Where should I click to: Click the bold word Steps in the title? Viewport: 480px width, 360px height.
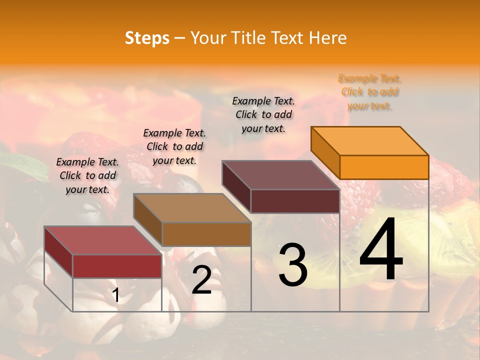click(147, 38)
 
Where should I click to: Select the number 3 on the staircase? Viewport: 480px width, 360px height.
click(292, 265)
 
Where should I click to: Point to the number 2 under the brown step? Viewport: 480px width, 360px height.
click(201, 280)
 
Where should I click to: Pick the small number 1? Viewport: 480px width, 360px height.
click(116, 295)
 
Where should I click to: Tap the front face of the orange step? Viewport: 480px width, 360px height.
click(384, 167)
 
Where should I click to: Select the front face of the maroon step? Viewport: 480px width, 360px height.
click(295, 201)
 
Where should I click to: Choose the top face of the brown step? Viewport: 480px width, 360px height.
click(192, 207)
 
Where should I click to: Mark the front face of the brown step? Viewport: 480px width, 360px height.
click(206, 234)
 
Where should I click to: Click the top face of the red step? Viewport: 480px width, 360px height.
click(103, 240)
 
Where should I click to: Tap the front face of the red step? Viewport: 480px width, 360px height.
click(117, 266)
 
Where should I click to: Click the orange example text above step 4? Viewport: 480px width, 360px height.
click(369, 92)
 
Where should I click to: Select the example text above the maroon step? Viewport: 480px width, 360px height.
click(263, 114)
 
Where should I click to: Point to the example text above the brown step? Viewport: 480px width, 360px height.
click(174, 146)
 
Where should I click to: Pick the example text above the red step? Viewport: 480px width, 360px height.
click(87, 175)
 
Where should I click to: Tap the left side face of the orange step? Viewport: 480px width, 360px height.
click(325, 152)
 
